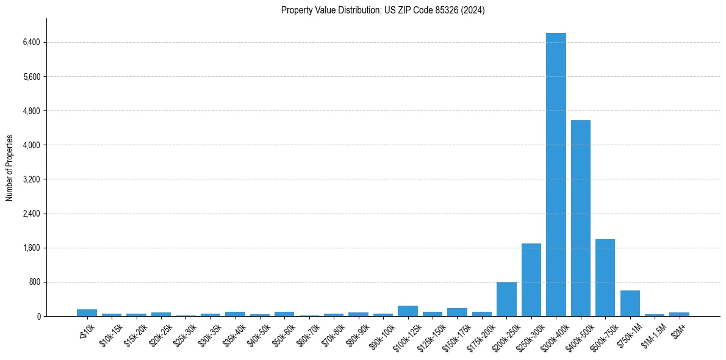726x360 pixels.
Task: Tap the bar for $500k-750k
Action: (x=605, y=278)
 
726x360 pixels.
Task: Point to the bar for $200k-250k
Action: (x=506, y=299)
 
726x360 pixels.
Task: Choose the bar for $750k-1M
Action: (x=630, y=303)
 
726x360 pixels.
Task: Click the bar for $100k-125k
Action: (x=408, y=311)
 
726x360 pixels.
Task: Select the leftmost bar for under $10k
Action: (x=87, y=313)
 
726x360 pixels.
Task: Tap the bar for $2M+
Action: (x=679, y=314)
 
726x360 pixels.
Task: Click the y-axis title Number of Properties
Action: (x=10, y=167)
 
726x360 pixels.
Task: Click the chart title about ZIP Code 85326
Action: (x=383, y=10)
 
